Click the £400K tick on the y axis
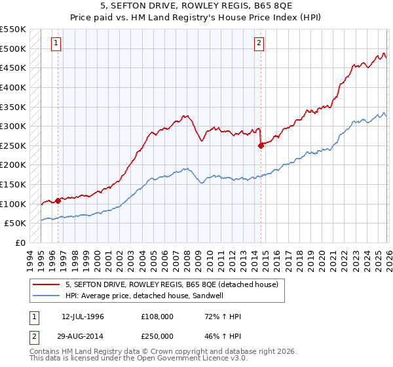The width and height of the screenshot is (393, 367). pos(12,87)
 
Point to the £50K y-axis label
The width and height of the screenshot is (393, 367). pos(15,223)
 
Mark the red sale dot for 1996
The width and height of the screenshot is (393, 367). pos(58,201)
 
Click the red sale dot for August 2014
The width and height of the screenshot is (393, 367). pos(261,145)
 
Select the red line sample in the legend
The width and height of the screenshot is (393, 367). pos(47,284)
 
